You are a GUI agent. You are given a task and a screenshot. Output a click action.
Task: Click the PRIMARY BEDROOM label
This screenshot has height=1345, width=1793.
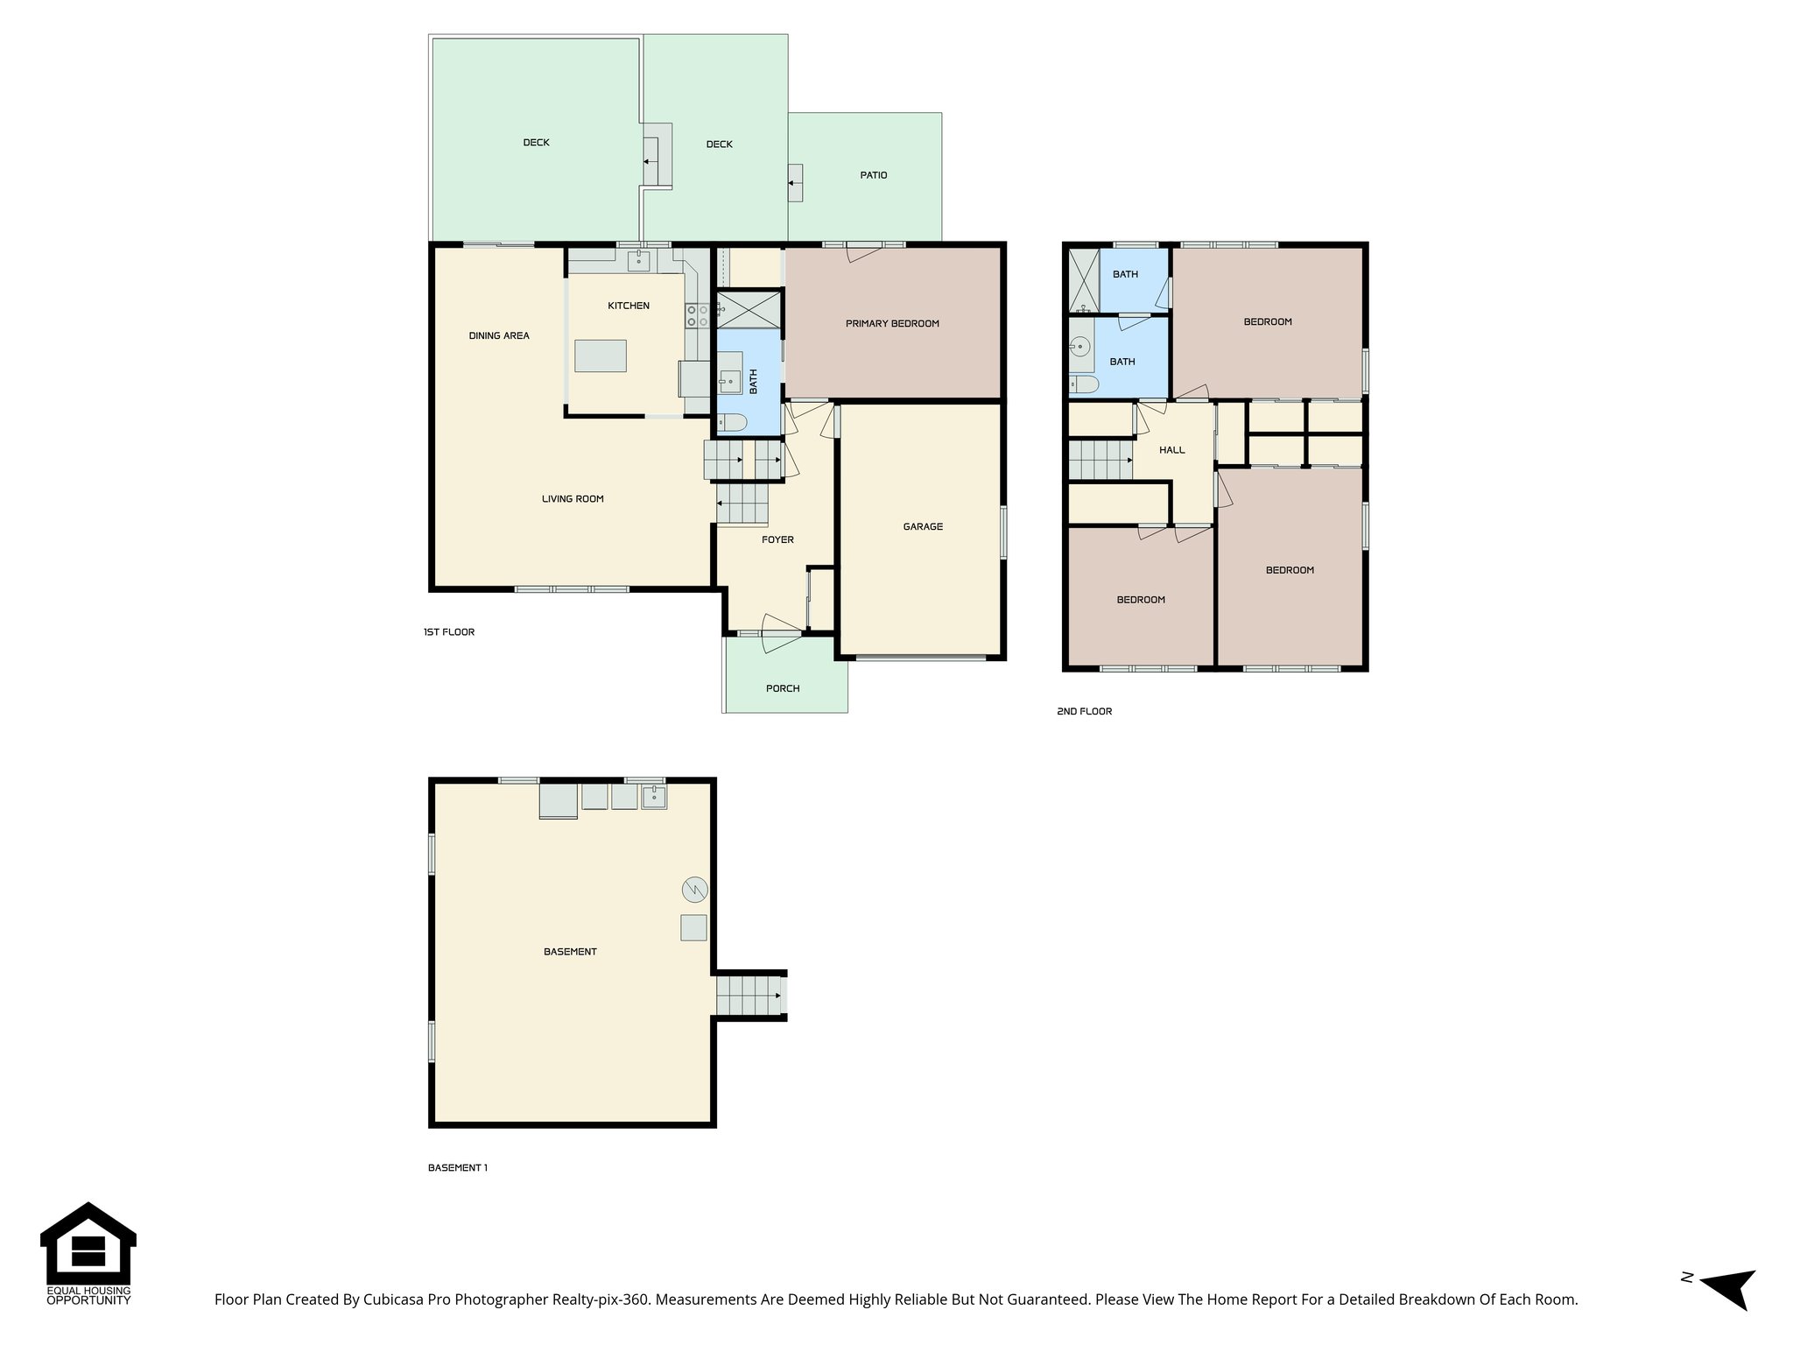[x=891, y=324]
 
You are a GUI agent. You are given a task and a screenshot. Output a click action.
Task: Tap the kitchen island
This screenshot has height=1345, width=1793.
[x=600, y=356]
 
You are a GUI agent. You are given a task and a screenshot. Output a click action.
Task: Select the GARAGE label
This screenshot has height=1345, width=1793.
[x=923, y=527]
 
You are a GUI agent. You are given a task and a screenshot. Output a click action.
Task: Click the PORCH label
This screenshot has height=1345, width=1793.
[x=783, y=689]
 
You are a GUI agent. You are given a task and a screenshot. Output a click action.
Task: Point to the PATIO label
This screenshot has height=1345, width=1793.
[x=873, y=175]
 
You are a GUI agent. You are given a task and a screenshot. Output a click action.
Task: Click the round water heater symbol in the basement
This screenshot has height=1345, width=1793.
[x=694, y=891]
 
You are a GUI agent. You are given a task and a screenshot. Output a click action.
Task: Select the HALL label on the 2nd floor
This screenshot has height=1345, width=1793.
[x=1171, y=450]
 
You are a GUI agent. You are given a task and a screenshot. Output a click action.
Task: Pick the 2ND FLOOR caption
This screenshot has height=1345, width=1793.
[x=1084, y=712]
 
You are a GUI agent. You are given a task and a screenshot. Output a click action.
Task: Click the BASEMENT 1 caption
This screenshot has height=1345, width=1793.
[x=457, y=1168]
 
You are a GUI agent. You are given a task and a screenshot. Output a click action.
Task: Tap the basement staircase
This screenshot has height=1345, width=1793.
[x=749, y=996]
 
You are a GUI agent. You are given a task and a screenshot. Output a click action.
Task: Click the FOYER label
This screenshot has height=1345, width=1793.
[x=777, y=540]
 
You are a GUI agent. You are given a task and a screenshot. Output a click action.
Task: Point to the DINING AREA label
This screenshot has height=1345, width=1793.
[x=498, y=336]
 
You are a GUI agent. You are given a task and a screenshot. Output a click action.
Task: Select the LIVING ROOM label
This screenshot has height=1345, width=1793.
[x=573, y=499]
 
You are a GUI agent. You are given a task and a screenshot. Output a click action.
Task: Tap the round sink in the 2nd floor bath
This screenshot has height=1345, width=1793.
[x=1081, y=347]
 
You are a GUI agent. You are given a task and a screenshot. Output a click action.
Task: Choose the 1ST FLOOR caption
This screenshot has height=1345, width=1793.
[x=448, y=632]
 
